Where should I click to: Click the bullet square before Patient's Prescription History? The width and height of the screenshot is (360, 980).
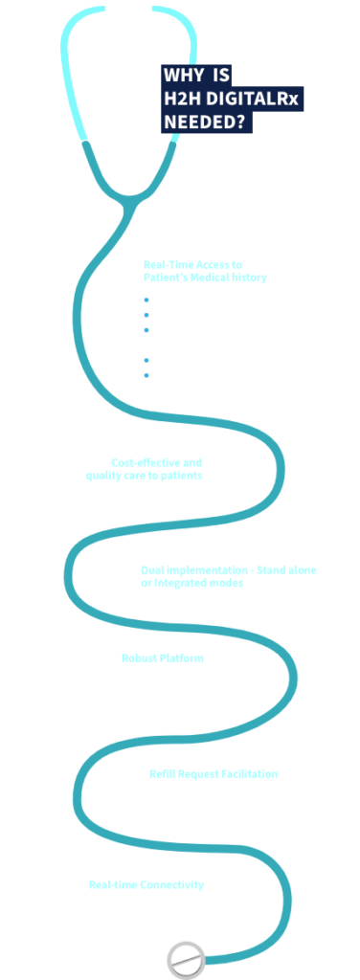coord(146,300)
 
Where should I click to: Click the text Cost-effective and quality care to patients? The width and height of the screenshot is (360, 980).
coord(157,467)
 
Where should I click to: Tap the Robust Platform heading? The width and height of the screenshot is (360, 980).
coord(163,657)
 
